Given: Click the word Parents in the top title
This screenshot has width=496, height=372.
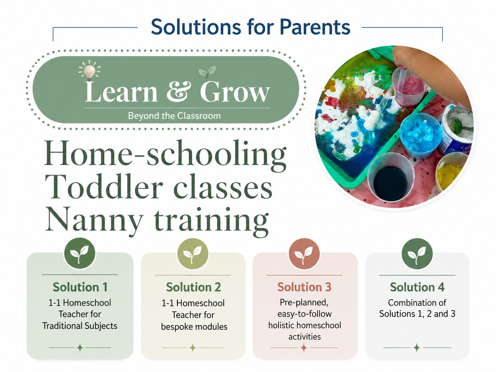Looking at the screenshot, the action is point(315,27).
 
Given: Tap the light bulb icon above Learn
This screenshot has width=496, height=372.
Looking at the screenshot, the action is point(89,71).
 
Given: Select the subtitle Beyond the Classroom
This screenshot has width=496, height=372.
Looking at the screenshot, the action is point(174,116).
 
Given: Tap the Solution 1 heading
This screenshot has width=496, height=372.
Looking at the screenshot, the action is point(80,287).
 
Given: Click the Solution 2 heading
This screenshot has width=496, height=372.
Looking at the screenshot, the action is point(194,287).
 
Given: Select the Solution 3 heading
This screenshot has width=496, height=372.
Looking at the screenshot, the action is point(305,287).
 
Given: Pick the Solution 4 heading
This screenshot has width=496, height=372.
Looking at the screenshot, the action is point(417,287).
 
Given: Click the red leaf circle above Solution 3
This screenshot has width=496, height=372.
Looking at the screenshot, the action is point(305,253).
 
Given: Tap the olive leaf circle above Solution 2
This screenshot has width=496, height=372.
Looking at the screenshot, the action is point(193,253).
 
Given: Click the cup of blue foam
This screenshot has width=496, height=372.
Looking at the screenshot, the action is point(420,136).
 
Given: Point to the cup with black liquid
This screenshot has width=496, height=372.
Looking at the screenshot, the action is point(391,177).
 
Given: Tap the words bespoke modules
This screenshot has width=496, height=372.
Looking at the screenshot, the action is point(194,327).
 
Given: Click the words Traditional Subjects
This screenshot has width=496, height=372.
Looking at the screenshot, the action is point(80,326).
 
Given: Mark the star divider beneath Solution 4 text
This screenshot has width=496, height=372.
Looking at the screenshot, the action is point(417,348).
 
